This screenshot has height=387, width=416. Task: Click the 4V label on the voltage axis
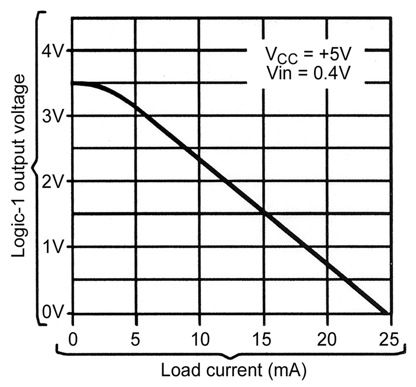coord(53,51)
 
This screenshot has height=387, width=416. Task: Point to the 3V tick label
coord(53,117)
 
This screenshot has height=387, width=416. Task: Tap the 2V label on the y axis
coord(53,182)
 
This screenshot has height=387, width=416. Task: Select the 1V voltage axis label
coord(53,247)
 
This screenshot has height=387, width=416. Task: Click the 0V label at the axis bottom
coord(53,313)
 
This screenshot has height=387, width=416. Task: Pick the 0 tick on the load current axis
coord(73,339)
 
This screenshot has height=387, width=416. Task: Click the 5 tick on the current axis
coord(136,339)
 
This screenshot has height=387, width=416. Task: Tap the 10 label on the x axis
coord(200,339)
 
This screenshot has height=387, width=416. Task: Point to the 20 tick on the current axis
coord(327,339)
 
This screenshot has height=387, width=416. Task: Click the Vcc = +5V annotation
coord(308,55)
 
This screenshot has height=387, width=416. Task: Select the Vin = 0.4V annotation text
coord(308,73)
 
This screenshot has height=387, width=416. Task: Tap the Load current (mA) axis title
coord(233,370)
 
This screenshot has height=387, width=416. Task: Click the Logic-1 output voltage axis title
coord(19,166)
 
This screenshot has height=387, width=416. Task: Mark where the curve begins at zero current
coord(73,83)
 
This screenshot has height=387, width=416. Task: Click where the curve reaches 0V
coord(387,313)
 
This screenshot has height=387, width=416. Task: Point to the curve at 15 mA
coord(264,212)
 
